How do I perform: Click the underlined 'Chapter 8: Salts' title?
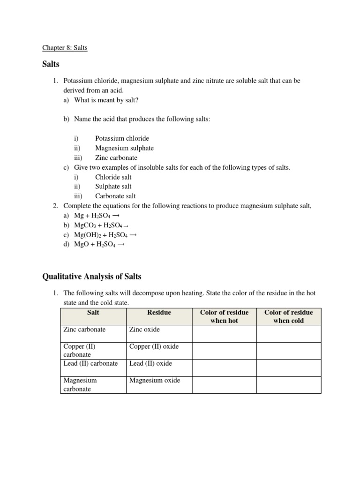click(65, 48)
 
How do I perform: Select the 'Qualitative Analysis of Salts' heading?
click(92, 276)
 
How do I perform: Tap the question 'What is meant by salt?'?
click(106, 100)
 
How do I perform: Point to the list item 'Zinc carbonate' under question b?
click(116, 158)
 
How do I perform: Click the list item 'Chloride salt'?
click(113, 177)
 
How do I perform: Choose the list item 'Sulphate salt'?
click(113, 187)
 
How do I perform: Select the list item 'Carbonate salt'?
click(115, 196)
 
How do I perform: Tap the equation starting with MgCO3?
click(102, 225)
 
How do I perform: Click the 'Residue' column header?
click(159, 312)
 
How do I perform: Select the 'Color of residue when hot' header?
click(224, 316)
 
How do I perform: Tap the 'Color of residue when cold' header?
click(288, 316)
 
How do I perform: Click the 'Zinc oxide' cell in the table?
click(144, 330)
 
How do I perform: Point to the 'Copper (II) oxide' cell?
click(154, 346)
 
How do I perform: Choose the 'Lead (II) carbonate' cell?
click(90, 363)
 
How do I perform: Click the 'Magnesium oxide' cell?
click(154, 380)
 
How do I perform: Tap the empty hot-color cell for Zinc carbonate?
click(224, 333)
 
